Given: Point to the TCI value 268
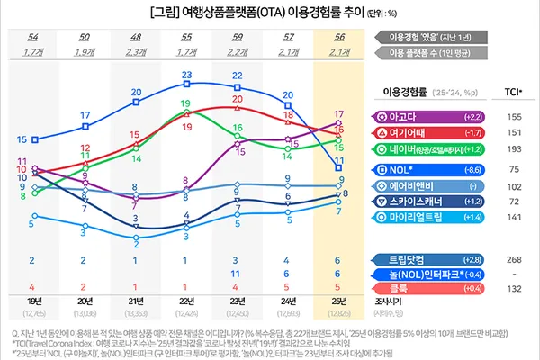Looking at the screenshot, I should point(515,259).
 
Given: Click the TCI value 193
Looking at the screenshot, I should point(515,148).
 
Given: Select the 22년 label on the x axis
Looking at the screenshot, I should point(186,301).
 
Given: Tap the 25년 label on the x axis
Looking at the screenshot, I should point(338,301).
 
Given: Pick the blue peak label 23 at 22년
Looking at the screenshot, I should point(186,75).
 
